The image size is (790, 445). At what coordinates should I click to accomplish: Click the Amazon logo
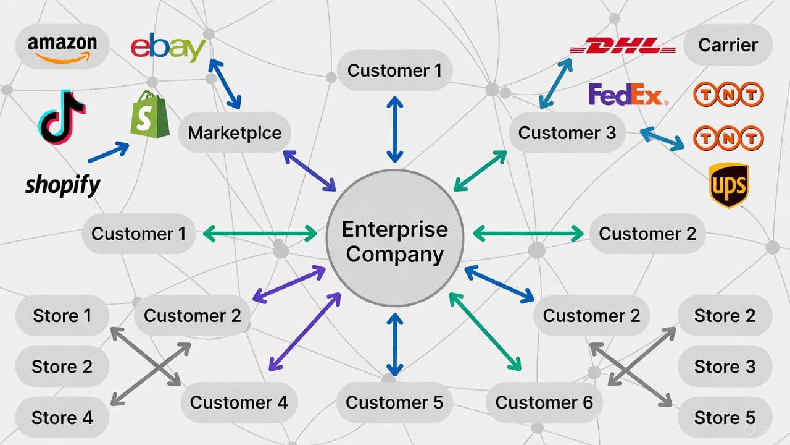pyautogui.click(x=62, y=46)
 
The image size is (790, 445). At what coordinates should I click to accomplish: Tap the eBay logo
pyautogui.click(x=168, y=49)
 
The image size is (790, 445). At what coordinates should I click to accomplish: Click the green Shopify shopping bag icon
pyautogui.click(x=150, y=114)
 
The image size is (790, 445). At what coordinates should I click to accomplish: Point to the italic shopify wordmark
pyautogui.click(x=62, y=184)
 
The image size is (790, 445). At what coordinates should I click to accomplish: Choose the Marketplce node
pyautogui.click(x=235, y=132)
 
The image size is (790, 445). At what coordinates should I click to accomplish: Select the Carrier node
pyautogui.click(x=728, y=45)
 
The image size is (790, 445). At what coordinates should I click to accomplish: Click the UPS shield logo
pyautogui.click(x=728, y=185)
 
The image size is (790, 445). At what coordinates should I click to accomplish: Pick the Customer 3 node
pyautogui.click(x=567, y=133)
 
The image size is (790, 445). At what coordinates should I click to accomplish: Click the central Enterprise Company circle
pyautogui.click(x=394, y=242)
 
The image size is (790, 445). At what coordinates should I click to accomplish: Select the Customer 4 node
pyautogui.click(x=238, y=402)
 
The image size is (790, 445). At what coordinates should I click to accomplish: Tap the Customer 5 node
pyautogui.click(x=394, y=402)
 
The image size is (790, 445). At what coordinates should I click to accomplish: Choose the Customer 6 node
pyautogui.click(x=544, y=402)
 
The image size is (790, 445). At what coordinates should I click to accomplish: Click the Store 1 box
pyautogui.click(x=62, y=316)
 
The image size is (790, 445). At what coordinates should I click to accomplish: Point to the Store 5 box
pyautogui.click(x=725, y=417)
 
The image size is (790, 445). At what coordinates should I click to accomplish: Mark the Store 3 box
pyautogui.click(x=725, y=367)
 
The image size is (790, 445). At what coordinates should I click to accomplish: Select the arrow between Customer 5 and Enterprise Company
pyautogui.click(x=394, y=344)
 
